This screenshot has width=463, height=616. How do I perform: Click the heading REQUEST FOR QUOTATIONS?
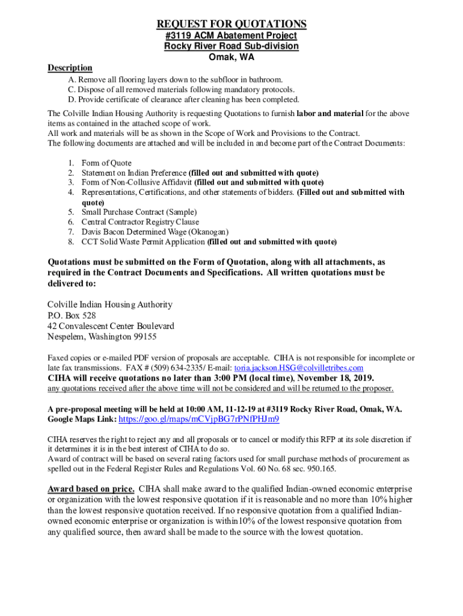[231, 24]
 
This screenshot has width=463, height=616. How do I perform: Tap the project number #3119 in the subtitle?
[178, 36]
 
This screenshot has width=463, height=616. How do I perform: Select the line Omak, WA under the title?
[231, 57]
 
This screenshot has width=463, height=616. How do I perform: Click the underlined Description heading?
[70, 68]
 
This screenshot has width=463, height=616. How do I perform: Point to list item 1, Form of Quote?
[106, 163]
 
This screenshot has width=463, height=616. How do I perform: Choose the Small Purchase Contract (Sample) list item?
[139, 212]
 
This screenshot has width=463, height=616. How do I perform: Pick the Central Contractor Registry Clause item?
[140, 222]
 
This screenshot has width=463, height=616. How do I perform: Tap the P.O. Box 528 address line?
[72, 315]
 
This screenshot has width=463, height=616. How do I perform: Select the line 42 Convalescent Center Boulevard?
[111, 326]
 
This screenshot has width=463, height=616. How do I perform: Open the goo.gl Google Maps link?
[199, 419]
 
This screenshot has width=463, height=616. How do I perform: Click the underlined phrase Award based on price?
[91, 488]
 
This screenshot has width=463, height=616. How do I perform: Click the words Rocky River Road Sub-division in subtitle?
[231, 46]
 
